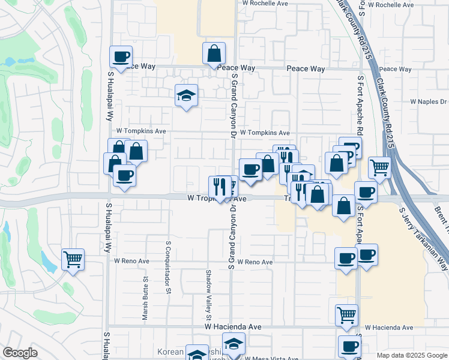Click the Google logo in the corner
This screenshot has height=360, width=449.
[19, 353]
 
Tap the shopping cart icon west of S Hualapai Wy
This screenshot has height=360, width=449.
[73, 260]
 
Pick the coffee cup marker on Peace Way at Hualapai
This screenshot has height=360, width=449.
[121, 56]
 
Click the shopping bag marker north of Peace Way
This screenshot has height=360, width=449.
[214, 53]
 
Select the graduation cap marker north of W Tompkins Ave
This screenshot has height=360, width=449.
[186, 94]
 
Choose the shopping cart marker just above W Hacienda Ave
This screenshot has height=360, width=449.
[346, 314]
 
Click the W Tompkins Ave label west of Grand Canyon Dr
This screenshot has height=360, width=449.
[141, 130]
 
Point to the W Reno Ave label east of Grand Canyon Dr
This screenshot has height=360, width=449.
[255, 262]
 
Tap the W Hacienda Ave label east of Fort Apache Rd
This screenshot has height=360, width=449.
[388, 328]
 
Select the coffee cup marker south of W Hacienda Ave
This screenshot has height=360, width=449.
[349, 346]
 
